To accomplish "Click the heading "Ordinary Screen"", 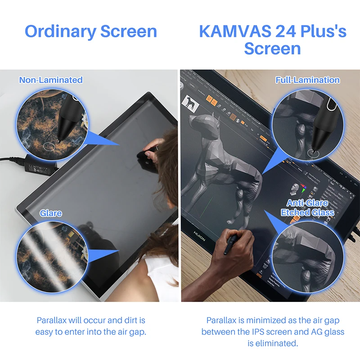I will coord(90,31).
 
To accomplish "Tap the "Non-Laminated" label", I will coord(51,80).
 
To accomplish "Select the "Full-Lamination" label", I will coord(307,80).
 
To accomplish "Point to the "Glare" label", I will coord(51,213).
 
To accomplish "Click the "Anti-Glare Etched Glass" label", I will coord(307,207).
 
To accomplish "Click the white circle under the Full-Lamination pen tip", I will coord(312,154).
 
